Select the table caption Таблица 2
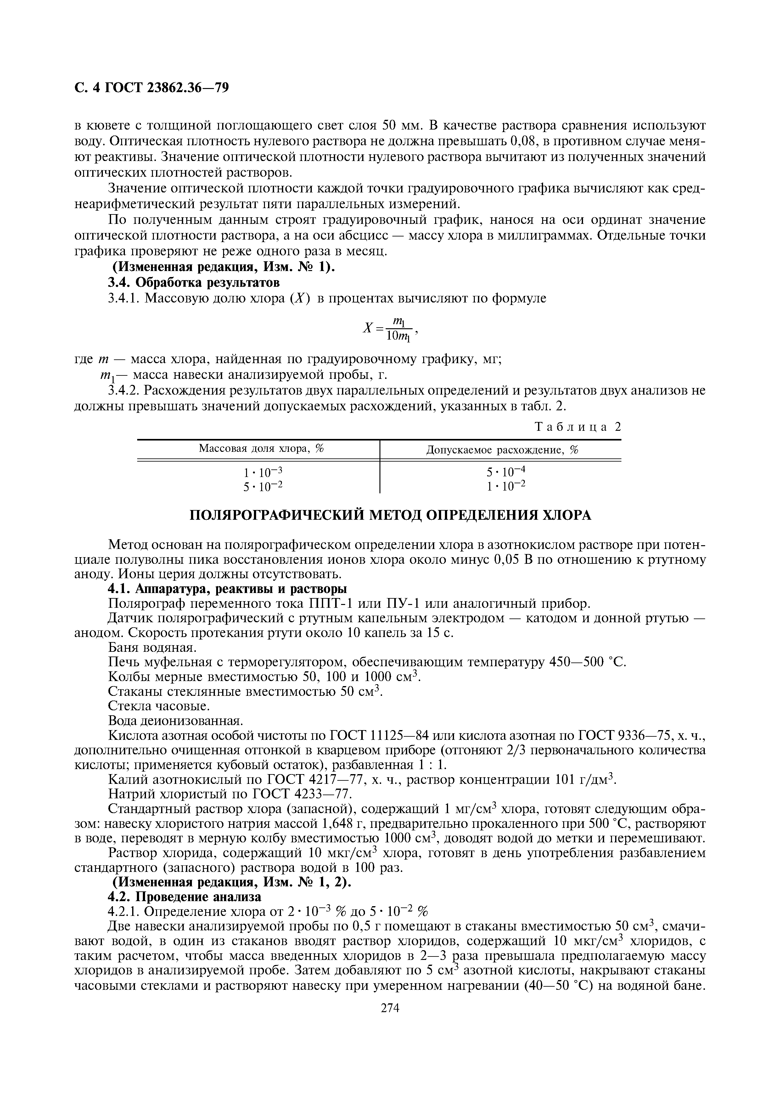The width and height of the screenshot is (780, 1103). click(x=578, y=427)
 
